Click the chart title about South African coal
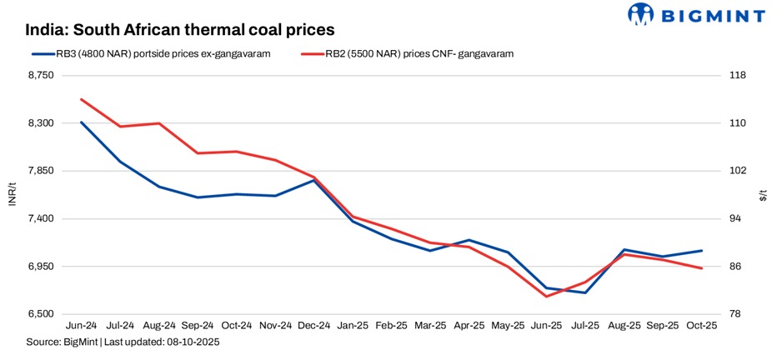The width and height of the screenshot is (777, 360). pyautogui.click(x=179, y=29)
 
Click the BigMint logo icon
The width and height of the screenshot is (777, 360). pyautogui.click(x=643, y=14)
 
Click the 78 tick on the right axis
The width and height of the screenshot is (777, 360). pyautogui.click(x=737, y=314)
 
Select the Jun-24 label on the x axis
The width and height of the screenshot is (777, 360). pyautogui.click(x=81, y=326)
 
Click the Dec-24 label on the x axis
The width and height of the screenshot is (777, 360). pyautogui.click(x=314, y=326)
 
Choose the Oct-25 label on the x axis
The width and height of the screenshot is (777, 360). pyautogui.click(x=702, y=326)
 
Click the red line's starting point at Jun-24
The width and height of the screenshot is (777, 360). pyautogui.click(x=81, y=99)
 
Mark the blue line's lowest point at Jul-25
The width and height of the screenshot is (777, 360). pyautogui.click(x=586, y=292)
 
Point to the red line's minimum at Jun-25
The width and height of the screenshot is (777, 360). pyautogui.click(x=547, y=297)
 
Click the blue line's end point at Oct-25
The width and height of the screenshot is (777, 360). pyautogui.click(x=702, y=251)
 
